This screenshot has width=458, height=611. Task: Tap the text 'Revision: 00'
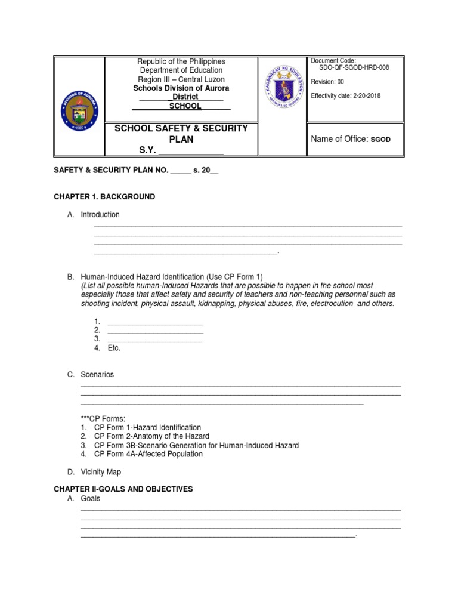(327, 82)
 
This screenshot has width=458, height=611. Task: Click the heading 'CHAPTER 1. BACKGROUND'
(104, 197)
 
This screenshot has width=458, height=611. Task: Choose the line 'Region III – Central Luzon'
(181, 79)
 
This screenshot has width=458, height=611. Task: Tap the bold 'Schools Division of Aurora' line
(181, 88)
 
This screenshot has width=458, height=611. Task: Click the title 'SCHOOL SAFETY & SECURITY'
(181, 129)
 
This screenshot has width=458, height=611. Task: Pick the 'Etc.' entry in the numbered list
(114, 348)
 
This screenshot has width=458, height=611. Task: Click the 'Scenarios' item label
(97, 375)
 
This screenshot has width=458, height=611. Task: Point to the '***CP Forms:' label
(103, 419)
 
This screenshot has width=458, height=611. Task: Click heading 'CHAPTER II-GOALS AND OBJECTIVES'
(123, 489)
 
